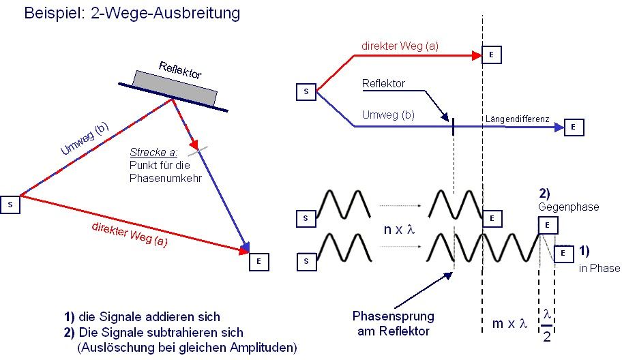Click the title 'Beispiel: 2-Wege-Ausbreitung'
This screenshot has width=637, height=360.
tap(132, 13)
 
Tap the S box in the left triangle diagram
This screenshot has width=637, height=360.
tap(10, 203)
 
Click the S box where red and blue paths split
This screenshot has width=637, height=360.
tap(306, 91)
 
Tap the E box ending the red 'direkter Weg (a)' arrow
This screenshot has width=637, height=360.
tap(492, 55)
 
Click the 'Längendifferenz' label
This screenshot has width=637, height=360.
tap(517, 119)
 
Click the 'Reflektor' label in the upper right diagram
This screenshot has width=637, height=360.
tap(383, 84)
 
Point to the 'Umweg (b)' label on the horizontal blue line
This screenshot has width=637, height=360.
tap(390, 116)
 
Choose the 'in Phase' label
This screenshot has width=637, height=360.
tap(599, 268)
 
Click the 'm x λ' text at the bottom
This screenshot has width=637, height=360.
tap(509, 323)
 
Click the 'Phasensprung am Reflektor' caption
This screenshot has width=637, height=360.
tap(393, 323)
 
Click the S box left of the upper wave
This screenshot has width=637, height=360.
tap(306, 218)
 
